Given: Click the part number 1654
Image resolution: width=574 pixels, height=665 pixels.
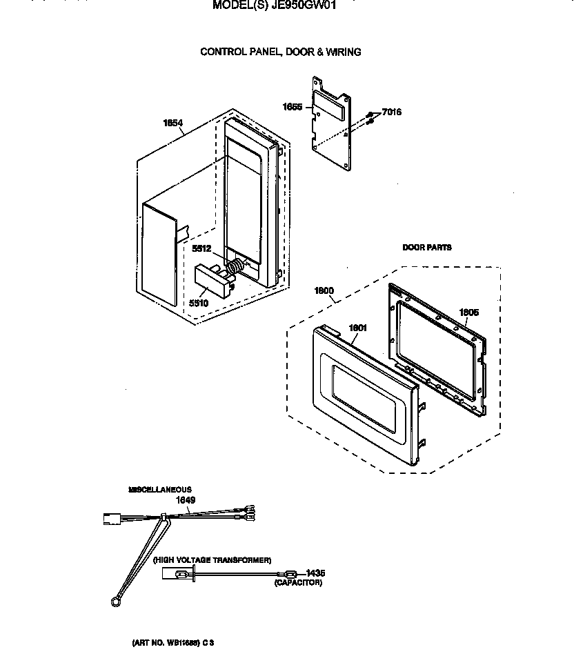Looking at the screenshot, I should pos(172,123).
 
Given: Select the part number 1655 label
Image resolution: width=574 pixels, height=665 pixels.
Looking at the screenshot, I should pos(293,106).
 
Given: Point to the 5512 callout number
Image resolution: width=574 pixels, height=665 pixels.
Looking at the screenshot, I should pos(201,249).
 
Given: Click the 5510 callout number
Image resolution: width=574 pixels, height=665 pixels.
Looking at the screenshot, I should pos(198,302).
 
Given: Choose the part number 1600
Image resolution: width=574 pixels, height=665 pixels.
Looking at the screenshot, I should pos(324,291).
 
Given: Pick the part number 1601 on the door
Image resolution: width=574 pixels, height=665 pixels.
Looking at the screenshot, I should pos(357,328).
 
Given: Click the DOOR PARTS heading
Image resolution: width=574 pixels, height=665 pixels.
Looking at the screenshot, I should pos(427,247).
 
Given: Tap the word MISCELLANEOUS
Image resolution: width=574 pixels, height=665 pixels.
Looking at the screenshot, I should pos(160,489).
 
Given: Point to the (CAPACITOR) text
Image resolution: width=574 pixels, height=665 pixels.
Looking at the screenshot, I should pos(298,583).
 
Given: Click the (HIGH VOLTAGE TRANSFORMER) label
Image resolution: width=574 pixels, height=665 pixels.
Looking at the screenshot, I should pos(212,560).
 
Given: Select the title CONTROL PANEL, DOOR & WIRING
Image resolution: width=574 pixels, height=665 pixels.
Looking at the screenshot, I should pos(280,52).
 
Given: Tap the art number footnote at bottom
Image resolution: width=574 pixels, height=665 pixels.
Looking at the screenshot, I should pos(173,642).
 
